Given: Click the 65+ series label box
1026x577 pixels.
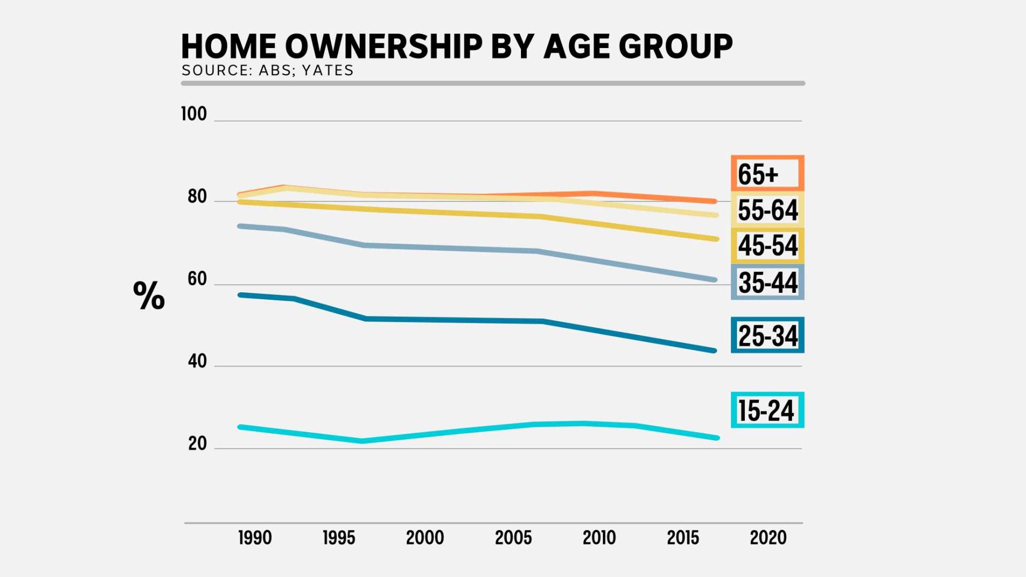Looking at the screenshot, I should click(x=767, y=174).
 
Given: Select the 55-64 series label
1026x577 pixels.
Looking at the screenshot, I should click(x=767, y=209).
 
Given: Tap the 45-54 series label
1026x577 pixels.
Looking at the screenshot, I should click(x=767, y=245).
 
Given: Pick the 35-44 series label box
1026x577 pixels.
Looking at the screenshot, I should click(x=767, y=282).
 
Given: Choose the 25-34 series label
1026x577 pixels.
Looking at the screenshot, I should click(x=767, y=336).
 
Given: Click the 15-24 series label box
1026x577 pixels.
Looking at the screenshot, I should click(x=767, y=410).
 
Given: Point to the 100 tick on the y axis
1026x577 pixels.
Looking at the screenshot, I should click(x=193, y=114).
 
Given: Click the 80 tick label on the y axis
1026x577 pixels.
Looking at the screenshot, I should click(x=197, y=197).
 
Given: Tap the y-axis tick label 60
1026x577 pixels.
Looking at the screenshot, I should click(x=197, y=279).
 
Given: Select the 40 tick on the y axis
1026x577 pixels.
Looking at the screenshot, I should click(x=197, y=361).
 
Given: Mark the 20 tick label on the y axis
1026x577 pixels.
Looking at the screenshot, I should click(x=197, y=443).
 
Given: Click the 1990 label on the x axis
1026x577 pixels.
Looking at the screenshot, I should click(x=255, y=537).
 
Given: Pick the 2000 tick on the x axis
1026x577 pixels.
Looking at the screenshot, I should click(x=425, y=537).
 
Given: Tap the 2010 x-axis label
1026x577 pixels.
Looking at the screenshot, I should click(x=599, y=537).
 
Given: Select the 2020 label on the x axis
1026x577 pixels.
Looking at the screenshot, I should click(x=768, y=537).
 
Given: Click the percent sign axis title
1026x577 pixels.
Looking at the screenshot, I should click(x=149, y=295).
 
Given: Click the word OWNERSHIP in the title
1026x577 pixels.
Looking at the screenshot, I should click(x=384, y=46).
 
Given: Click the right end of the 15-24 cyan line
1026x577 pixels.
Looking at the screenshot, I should click(x=717, y=438).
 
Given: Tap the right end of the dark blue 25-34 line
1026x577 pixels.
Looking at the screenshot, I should click(x=714, y=350).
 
